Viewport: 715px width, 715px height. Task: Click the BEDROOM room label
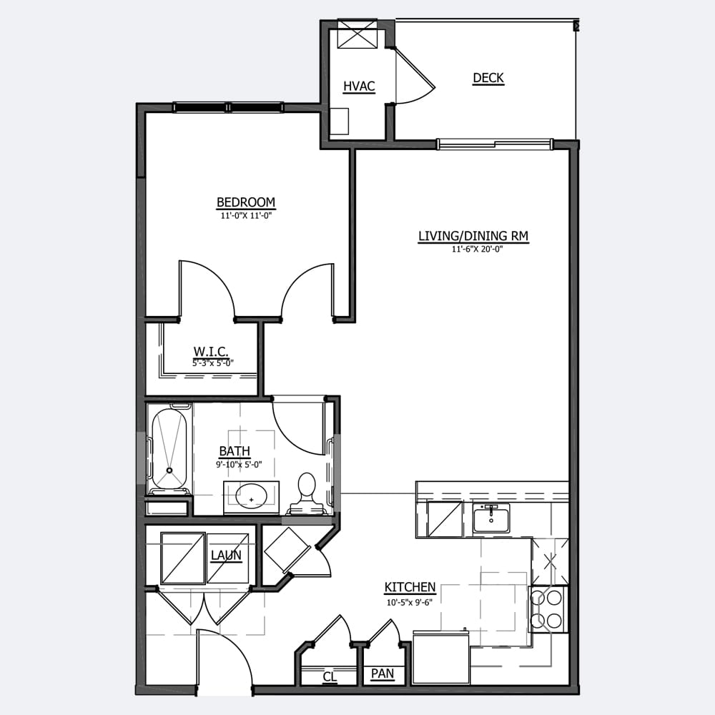click(246, 202)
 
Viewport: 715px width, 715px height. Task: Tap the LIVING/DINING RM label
click(473, 236)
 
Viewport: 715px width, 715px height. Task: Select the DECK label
click(488, 78)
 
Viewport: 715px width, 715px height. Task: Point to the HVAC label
click(359, 87)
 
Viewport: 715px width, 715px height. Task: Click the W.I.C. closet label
click(211, 352)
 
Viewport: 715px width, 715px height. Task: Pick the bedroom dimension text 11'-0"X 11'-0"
click(246, 216)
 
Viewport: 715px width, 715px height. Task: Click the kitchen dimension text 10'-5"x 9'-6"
click(410, 602)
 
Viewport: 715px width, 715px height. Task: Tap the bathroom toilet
click(307, 493)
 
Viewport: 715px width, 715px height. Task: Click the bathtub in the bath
click(169, 449)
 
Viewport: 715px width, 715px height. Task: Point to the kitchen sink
click(491, 518)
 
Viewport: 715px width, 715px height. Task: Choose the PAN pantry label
click(382, 674)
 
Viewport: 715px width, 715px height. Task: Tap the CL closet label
click(330, 676)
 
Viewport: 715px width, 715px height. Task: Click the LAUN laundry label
click(226, 556)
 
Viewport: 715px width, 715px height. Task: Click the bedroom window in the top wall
click(229, 108)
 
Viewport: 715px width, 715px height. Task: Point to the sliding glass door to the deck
click(495, 144)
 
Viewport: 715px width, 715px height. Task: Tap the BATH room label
click(235, 451)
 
